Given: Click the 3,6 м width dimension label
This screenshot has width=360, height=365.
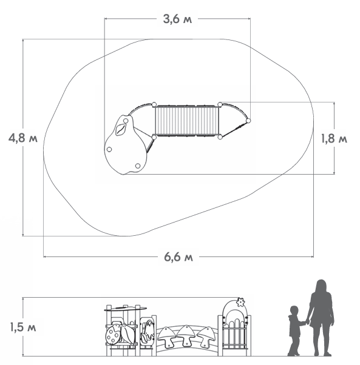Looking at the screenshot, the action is pos(177,19).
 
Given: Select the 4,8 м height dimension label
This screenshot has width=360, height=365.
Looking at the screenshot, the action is pos(23,138).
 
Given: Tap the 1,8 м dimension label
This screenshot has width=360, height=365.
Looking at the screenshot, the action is pos(334,139).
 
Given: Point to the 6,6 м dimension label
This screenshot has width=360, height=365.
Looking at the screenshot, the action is pos(178,257).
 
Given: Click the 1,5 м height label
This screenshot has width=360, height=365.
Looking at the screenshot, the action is pos(23,327).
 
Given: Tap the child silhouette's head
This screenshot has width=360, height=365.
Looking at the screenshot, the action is pos(294,310).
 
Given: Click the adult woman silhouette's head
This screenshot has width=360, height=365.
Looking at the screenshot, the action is pos(321,285).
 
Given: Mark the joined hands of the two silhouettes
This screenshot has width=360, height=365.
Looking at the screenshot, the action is pos(307,322).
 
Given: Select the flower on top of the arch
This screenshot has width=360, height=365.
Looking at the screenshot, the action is pos(240,302).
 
